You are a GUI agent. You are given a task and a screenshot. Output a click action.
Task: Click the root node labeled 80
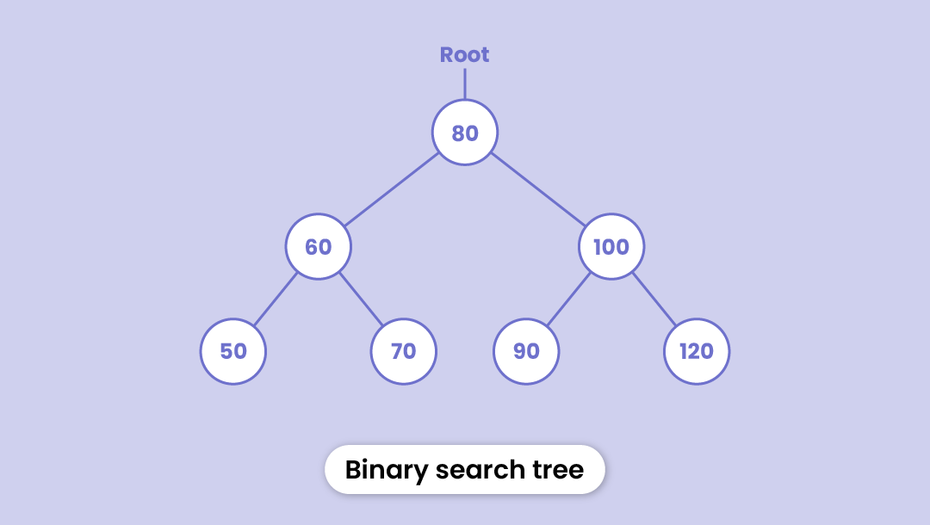click(x=465, y=133)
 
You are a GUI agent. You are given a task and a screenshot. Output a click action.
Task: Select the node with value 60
click(x=319, y=247)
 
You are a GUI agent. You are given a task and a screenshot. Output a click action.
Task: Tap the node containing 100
click(x=611, y=247)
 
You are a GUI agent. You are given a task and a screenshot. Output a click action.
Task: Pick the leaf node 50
click(x=233, y=351)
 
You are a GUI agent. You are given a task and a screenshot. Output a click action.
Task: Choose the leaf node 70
click(x=404, y=351)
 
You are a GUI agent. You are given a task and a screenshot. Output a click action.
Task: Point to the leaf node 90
click(x=526, y=351)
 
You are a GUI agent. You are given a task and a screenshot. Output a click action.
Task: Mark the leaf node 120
click(x=697, y=351)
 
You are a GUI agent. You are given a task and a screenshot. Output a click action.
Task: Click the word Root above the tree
click(x=464, y=55)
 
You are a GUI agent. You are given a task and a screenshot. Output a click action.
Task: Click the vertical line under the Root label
click(x=465, y=84)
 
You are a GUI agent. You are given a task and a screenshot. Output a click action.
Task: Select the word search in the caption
click(x=480, y=470)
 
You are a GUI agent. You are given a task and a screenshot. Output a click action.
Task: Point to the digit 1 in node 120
click(x=684, y=351)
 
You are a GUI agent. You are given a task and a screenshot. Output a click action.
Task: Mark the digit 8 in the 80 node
click(x=458, y=133)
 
